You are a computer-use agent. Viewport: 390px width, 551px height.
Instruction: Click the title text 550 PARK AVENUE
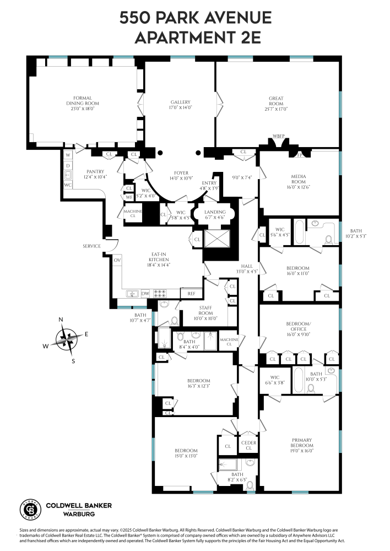coord(196,18)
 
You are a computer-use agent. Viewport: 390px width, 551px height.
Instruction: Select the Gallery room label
coord(180,102)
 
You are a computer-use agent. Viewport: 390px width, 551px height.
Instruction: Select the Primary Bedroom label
coord(302,443)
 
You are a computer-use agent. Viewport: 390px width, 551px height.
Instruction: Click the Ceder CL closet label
coord(248,445)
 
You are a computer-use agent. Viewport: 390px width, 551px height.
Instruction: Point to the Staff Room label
coord(205,310)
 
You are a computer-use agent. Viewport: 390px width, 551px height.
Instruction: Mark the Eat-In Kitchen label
coord(160,256)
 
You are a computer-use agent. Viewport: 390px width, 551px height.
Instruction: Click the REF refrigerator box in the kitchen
coord(191,294)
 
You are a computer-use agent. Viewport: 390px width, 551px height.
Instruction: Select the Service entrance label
coord(92,246)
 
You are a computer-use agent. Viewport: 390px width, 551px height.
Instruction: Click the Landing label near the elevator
coord(215,212)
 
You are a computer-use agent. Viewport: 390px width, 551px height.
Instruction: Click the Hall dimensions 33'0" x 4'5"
coord(246,271)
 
